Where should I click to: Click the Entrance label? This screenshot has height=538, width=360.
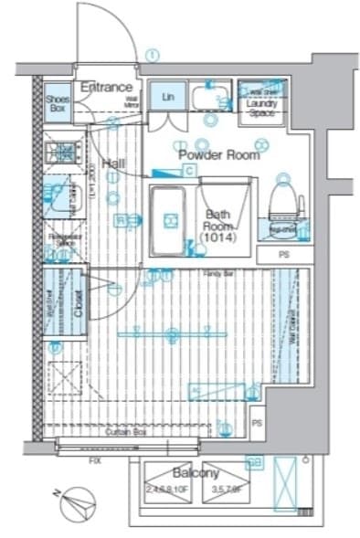[108, 87]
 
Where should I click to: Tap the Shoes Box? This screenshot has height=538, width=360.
[58, 102]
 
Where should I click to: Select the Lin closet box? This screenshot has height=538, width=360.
[168, 97]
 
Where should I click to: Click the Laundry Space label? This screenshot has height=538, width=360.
[262, 108]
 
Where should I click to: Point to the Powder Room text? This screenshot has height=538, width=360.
[218, 154]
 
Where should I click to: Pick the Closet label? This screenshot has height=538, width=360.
[79, 302]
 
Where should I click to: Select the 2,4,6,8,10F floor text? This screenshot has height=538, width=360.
[170, 490]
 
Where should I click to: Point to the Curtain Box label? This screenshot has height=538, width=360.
[127, 431]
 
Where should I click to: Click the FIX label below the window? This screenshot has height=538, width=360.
[94, 459]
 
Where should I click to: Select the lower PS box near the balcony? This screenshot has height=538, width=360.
[257, 423]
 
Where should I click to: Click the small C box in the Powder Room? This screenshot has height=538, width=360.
[188, 171]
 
